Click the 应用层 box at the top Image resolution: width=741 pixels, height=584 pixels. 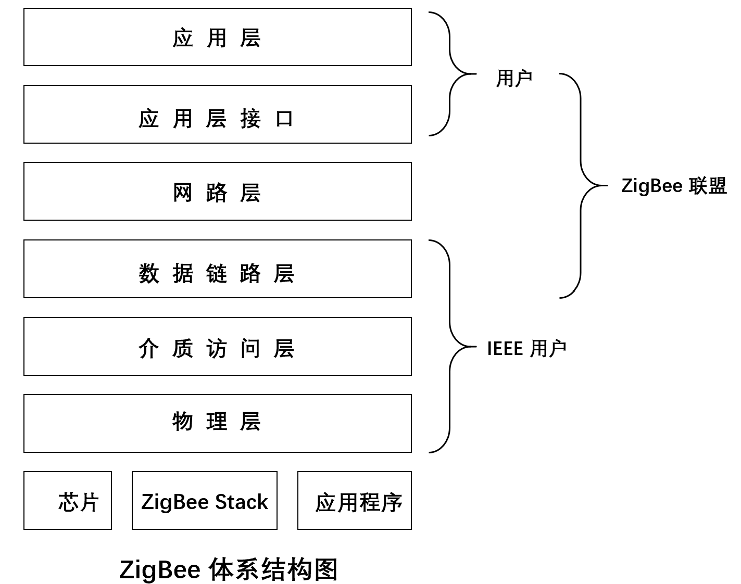coord(218,37)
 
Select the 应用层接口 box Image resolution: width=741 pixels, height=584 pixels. coord(218,115)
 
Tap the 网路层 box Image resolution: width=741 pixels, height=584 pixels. coord(218,192)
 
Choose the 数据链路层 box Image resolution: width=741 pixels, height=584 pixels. coord(218,269)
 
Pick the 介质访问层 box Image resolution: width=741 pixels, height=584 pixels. coord(218,347)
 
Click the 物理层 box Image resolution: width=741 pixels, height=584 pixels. coord(218,424)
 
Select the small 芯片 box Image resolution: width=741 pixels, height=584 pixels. coord(68,501)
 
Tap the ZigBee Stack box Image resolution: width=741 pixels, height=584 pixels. coord(205,501)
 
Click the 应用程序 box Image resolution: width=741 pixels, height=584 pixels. coord(355,501)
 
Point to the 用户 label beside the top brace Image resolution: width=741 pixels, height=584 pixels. coord(514,79)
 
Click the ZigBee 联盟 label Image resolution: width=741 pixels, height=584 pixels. coord(674,186)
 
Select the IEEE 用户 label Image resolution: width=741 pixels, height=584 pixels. coord(526,348)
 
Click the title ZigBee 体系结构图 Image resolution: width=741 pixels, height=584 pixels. coord(228,569)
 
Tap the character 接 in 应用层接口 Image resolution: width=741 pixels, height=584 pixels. coord(250,119)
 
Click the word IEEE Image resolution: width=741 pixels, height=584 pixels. coord(505,348)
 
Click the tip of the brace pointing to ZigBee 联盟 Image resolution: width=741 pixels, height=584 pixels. coord(606,185)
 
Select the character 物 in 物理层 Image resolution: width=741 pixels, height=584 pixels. coord(183,421)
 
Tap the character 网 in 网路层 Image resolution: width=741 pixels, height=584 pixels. coord(183,193)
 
